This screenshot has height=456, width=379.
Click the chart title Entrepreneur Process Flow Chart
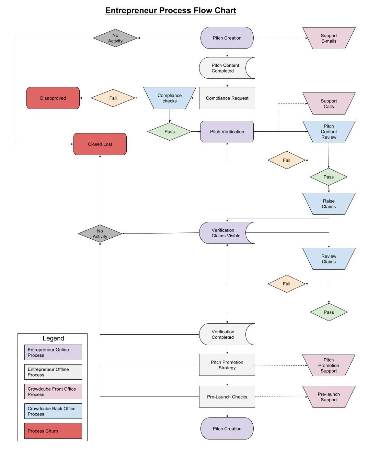[170, 11]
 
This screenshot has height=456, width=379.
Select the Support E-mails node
[329, 38]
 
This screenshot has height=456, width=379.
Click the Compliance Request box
[227, 98]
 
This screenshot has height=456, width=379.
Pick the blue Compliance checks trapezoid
[170, 98]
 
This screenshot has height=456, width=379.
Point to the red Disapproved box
[53, 98]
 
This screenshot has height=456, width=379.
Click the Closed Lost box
[100, 144]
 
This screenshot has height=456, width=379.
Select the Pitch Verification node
[227, 131]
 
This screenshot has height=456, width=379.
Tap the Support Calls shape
[329, 104]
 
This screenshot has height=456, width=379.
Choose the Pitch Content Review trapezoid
[329, 131]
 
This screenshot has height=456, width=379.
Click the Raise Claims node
[329, 204]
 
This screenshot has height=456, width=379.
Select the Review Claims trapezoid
[329, 259]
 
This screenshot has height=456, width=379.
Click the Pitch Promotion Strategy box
[227, 365]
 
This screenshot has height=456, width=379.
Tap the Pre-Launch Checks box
[227, 397]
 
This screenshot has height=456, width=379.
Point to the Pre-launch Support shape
[329, 397]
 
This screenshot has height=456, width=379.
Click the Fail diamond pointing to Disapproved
[113, 98]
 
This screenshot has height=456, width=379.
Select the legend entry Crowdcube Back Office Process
[53, 411]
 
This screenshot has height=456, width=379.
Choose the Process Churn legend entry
[53, 431]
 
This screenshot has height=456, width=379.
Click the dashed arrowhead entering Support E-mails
[307, 38]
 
